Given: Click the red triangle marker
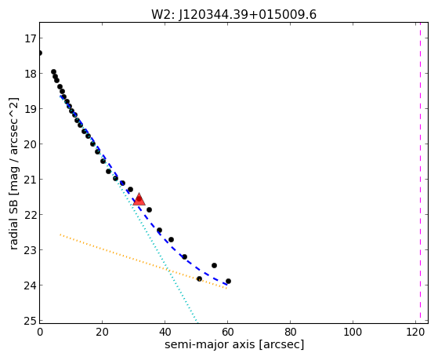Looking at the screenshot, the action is (x=139, y=199).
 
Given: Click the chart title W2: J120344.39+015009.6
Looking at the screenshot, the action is (x=233, y=14).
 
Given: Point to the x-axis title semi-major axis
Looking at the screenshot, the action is (x=234, y=344).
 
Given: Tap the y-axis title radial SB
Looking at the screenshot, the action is (x=13, y=173).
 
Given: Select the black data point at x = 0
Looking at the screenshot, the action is (x=40, y=53).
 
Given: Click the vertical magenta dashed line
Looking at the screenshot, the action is (x=420, y=173).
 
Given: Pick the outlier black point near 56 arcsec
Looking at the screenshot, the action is (x=214, y=265).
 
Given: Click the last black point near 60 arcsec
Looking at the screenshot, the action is (x=228, y=281).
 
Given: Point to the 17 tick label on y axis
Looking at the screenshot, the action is (x=30, y=38).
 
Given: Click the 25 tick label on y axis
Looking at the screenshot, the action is (x=30, y=321).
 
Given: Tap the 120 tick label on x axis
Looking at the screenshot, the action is (x=415, y=332).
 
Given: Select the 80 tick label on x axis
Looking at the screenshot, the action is (x=290, y=332).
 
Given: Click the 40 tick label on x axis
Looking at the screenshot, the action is (x=165, y=332).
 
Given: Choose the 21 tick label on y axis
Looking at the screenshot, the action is (x=30, y=180).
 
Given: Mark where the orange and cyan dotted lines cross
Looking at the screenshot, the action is (x=168, y=270).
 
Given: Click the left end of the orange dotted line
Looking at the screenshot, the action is (x=60, y=235).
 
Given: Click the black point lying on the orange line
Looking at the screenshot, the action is (x=199, y=279).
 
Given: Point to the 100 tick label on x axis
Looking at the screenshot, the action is (x=353, y=332).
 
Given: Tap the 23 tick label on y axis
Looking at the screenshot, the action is (x=30, y=249).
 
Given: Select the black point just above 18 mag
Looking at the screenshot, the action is (x=53, y=72).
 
